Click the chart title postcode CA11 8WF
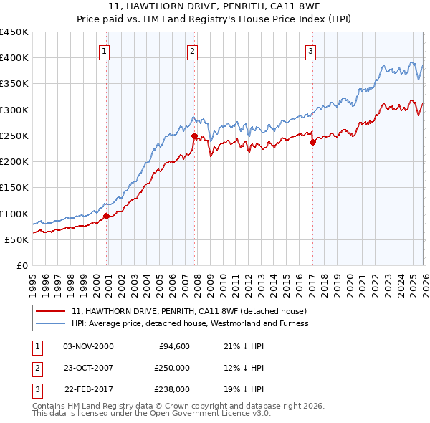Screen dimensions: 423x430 click(x=299, y=6)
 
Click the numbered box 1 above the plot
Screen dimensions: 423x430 click(x=105, y=51)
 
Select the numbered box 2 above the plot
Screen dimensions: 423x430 click(x=193, y=51)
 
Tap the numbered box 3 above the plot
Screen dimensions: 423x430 click(x=311, y=51)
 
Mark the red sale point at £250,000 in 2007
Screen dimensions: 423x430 click(x=194, y=135)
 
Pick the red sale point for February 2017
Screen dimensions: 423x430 click(x=312, y=142)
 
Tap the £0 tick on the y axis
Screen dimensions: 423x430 click(x=22, y=265)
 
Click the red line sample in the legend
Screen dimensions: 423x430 click(x=50, y=311)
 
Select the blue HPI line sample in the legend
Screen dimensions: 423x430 click(x=50, y=323)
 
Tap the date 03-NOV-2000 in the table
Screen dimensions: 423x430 click(x=89, y=346)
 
